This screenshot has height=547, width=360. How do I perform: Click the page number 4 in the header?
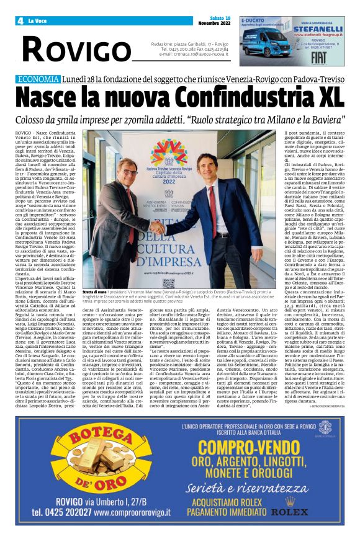pos(21,21)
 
